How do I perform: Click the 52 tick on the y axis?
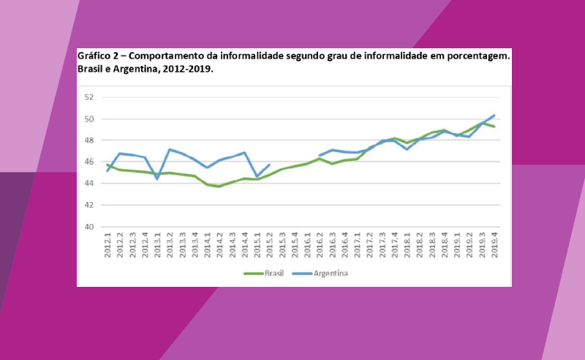coord(90,97)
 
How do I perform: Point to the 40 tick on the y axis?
coord(90,227)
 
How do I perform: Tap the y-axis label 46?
coord(90,162)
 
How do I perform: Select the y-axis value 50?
coord(90,119)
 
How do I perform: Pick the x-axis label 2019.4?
coord(495,244)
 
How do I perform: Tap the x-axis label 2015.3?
coord(282,244)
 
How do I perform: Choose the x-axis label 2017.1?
coord(358,244)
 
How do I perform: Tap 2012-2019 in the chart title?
coord(187,70)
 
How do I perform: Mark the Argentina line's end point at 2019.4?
coord(495,115)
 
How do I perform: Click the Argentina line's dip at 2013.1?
coord(157,179)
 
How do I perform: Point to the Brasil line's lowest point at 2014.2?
coord(219,187)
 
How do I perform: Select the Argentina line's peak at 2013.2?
coord(170,149)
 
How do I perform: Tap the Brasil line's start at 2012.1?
coord(107,165)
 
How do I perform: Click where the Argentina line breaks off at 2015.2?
coord(270,165)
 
